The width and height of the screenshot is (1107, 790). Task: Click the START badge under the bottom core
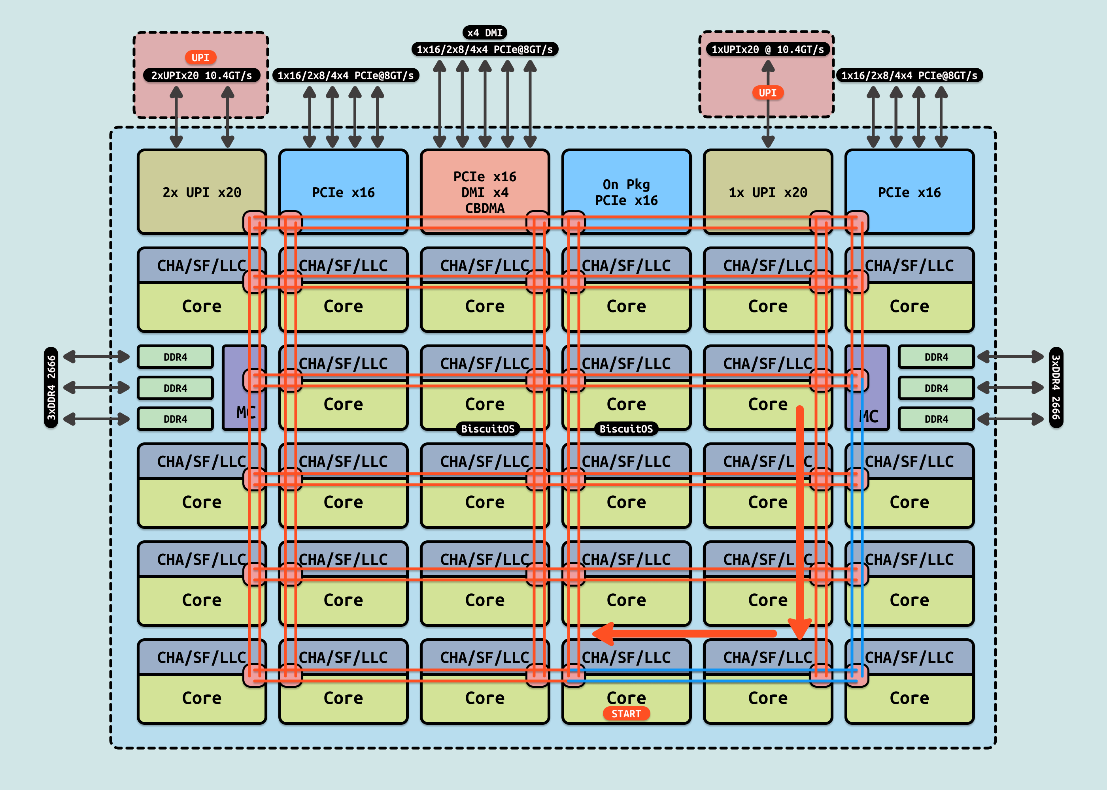626,714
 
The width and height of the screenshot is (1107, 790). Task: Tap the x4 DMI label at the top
484,33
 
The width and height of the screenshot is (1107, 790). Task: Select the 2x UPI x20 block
202,192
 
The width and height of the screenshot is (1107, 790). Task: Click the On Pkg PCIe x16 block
626,192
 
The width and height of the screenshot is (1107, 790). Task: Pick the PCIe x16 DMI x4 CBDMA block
484,192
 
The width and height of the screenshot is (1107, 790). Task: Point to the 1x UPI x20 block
768,192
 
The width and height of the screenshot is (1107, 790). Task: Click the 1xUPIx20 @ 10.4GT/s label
768,49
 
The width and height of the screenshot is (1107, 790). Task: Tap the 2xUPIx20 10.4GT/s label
202,75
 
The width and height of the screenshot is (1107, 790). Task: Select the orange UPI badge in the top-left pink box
200,57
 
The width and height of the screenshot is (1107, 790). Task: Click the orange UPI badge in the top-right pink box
768,92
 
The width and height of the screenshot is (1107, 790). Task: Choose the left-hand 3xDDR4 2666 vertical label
51,388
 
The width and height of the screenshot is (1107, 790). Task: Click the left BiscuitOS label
487,429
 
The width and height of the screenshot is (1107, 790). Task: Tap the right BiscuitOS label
626,429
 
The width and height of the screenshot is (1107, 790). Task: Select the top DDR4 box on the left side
175,357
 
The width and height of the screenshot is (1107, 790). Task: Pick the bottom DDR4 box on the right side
936,419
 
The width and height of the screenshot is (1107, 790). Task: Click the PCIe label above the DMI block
484,49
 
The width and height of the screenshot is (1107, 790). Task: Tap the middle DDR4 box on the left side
175,388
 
